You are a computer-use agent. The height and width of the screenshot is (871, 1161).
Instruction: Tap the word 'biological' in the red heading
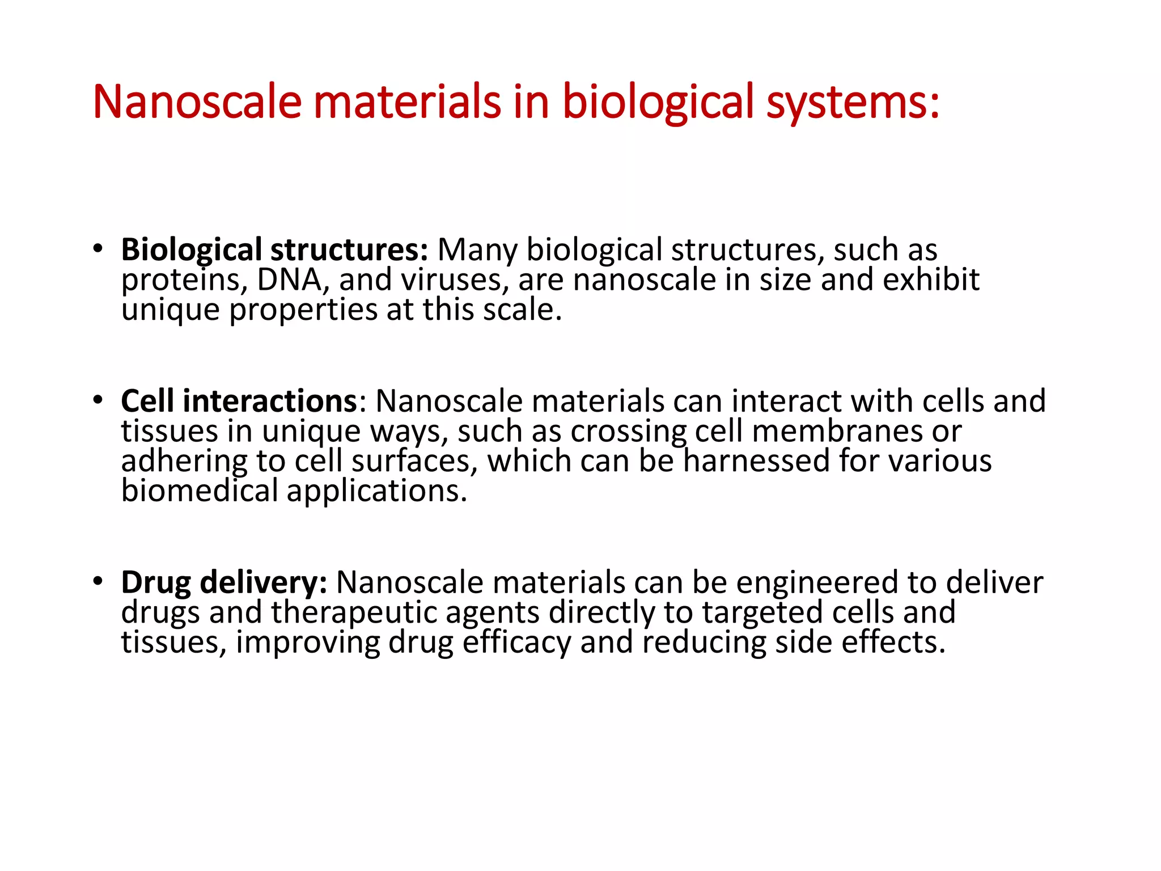(658, 102)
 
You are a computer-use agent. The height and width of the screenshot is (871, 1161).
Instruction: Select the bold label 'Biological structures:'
(274, 250)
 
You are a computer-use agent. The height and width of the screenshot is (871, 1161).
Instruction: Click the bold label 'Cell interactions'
(239, 401)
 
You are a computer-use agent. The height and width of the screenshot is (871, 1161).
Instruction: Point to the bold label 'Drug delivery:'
(224, 583)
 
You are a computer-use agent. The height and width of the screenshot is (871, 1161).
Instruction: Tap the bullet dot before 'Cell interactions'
(98, 400)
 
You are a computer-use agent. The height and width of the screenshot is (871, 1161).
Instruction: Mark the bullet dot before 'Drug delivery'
(98, 581)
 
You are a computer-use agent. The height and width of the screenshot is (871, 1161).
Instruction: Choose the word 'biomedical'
(199, 491)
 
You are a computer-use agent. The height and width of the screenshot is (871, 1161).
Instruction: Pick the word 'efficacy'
(516, 643)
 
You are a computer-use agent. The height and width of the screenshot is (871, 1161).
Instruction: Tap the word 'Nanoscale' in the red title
(197, 102)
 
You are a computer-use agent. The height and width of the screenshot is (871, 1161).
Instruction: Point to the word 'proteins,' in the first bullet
(184, 280)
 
